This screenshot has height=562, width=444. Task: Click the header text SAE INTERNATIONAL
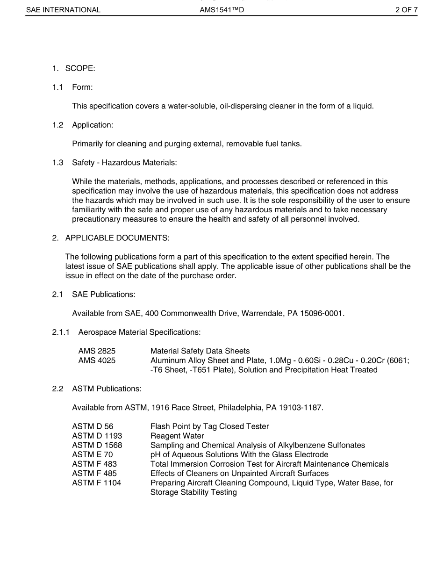[63, 9]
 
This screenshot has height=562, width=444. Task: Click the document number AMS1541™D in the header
[222, 9]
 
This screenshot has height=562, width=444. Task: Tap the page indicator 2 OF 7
[406, 9]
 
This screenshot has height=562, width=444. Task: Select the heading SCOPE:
[80, 68]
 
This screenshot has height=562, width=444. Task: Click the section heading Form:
[83, 87]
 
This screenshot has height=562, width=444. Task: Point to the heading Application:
[93, 125]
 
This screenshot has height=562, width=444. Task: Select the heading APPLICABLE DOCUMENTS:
[117, 238]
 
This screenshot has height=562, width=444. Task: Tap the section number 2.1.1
[61, 332]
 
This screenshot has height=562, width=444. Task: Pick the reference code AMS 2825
[97, 351]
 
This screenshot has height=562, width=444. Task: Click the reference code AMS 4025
[97, 360]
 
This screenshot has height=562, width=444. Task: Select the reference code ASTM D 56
[93, 426]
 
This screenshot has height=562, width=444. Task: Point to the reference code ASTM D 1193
[97, 436]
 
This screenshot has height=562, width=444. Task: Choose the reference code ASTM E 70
[92, 454]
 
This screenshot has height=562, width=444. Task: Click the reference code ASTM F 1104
[96, 483]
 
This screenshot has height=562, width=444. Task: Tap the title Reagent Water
[177, 436]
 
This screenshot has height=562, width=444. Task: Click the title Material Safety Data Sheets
[200, 351]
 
